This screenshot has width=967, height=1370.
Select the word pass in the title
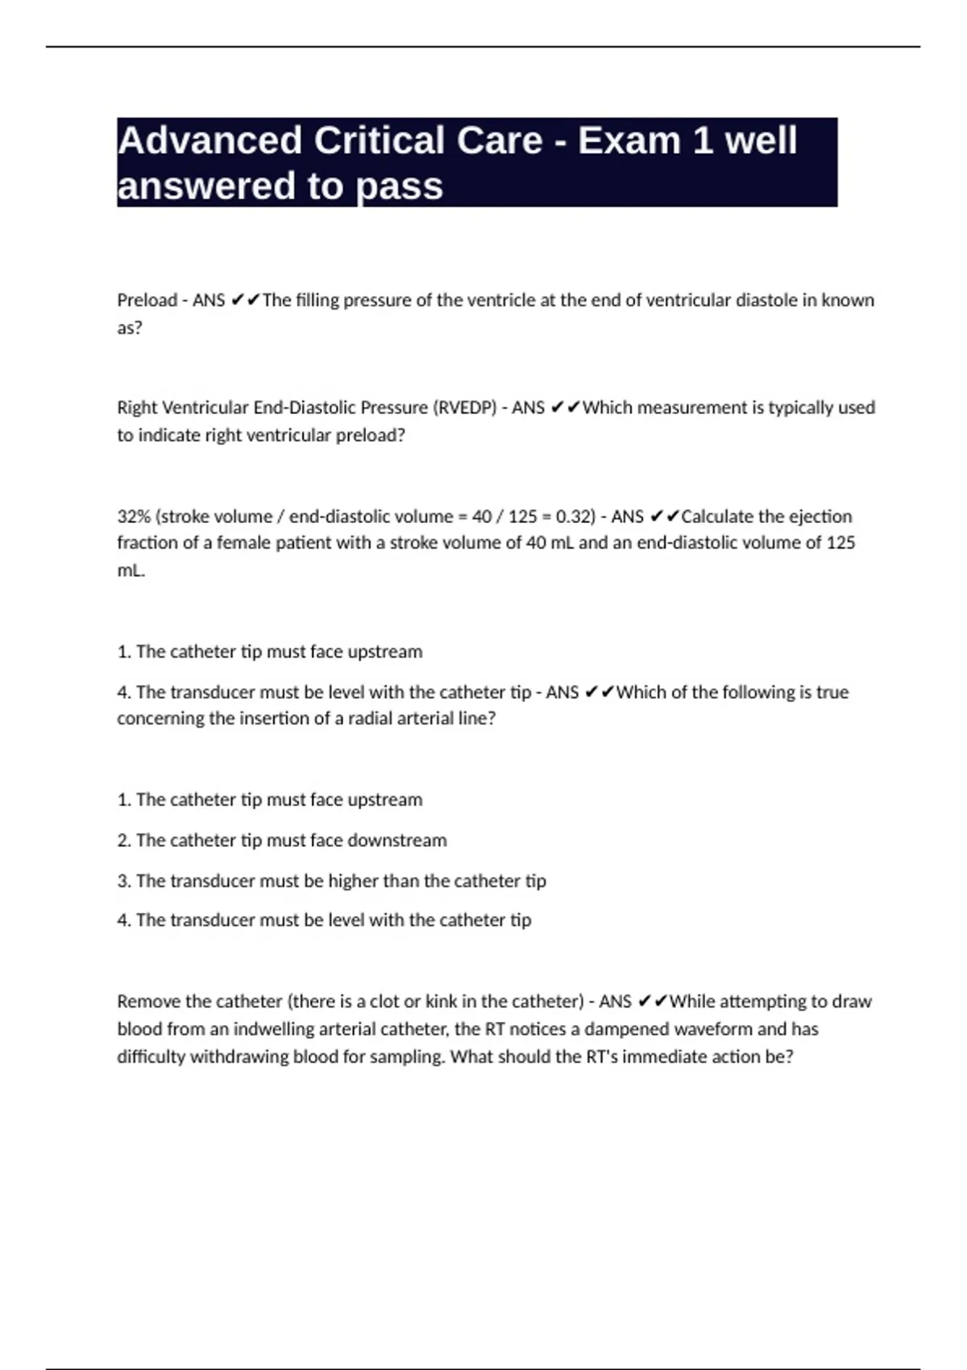click(400, 186)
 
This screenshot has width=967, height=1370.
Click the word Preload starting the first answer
click(147, 301)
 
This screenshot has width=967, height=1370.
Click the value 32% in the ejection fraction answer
click(134, 517)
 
